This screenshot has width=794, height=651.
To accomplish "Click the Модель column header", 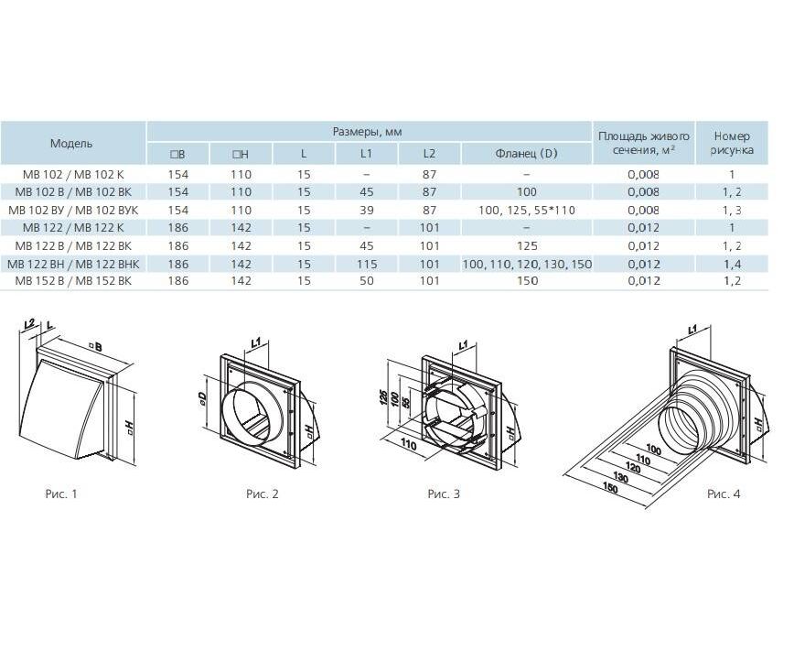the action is (x=71, y=144).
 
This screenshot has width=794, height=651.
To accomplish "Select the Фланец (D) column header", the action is (x=526, y=153).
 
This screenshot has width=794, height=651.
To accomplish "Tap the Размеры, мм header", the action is (x=367, y=132).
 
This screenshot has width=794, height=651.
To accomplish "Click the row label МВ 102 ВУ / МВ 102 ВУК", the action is (x=77, y=210).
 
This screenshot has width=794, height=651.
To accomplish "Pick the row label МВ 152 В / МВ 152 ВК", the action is (x=73, y=281).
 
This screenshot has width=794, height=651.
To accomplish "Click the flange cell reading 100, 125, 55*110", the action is (x=527, y=210).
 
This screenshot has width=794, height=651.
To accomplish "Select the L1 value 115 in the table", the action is (x=367, y=264).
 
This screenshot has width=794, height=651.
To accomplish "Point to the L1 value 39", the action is (x=367, y=210).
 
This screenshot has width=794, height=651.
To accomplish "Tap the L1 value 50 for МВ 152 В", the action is (x=367, y=281).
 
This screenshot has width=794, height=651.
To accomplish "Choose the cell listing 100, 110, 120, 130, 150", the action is (x=527, y=264).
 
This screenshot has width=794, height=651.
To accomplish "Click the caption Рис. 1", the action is (x=61, y=494).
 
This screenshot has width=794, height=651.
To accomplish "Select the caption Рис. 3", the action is (x=444, y=494).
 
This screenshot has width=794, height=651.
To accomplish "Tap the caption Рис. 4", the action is (x=724, y=494).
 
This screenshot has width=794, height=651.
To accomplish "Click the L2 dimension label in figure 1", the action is (x=30, y=322).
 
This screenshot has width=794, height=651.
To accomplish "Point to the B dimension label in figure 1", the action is (x=95, y=347).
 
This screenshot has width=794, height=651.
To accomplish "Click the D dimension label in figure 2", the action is (x=202, y=399).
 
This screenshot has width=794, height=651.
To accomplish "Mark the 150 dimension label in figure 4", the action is (x=610, y=488).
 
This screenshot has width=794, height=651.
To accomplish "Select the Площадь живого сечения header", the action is (x=644, y=143).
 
